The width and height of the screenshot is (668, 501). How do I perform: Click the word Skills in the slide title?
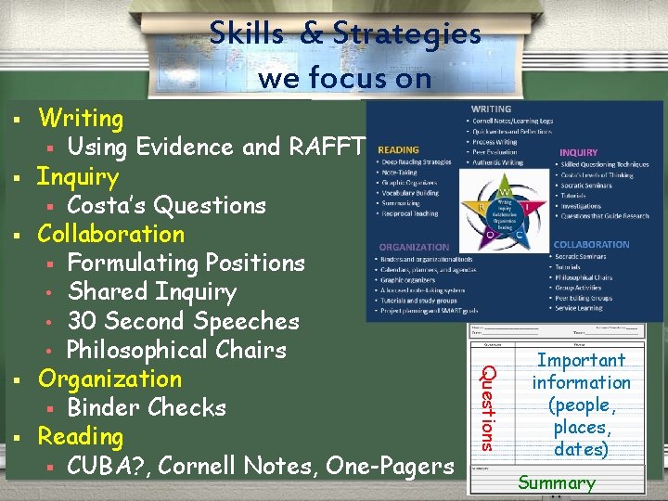click(248, 33)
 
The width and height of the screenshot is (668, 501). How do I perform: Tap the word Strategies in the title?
click(407, 33)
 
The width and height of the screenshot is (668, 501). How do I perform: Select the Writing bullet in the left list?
click(81, 119)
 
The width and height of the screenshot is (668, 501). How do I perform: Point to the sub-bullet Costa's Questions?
click(166, 205)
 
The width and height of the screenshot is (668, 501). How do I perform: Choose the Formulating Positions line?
click(186, 263)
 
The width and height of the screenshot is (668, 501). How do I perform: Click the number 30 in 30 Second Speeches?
click(80, 321)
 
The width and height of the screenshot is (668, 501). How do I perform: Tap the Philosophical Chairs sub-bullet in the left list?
click(176, 350)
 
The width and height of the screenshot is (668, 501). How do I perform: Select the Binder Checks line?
click(147, 407)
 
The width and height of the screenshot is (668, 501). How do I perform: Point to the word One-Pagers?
click(396, 465)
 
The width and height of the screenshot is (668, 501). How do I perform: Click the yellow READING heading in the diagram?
click(398, 149)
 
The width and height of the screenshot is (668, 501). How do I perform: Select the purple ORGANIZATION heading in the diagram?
click(414, 247)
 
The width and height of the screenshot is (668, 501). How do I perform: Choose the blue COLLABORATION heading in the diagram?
click(591, 245)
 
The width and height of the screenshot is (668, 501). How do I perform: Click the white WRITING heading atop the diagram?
click(491, 109)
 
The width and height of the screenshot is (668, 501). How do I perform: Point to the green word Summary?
click(557, 482)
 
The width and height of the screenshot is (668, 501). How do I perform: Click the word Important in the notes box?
click(582, 360)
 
